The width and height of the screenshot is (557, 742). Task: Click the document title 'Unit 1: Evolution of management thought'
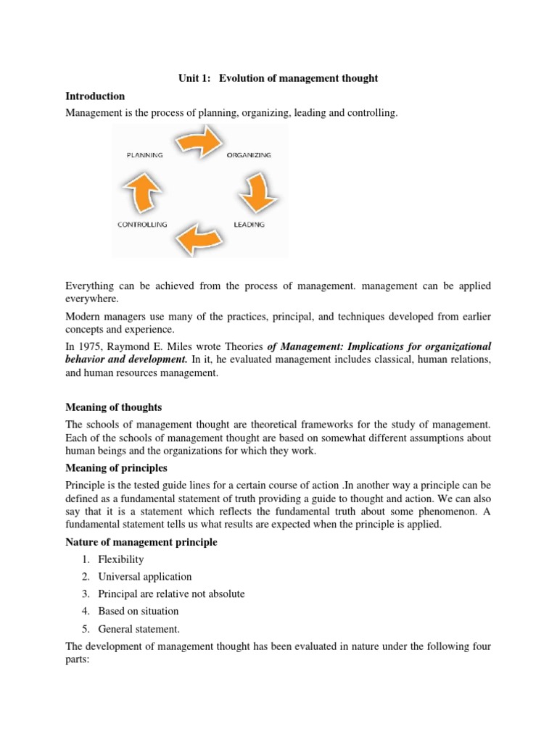click(x=278, y=78)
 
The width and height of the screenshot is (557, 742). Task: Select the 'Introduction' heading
click(x=95, y=96)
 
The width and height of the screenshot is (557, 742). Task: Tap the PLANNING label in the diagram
click(x=144, y=155)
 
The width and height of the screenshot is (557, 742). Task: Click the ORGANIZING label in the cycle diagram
click(x=249, y=155)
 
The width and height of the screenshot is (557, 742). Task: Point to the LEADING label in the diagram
click(x=249, y=225)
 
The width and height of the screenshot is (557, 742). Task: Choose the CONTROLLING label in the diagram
click(x=142, y=225)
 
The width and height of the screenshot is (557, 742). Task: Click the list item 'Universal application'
click(x=145, y=577)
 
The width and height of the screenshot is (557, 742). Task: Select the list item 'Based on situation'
click(x=139, y=611)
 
